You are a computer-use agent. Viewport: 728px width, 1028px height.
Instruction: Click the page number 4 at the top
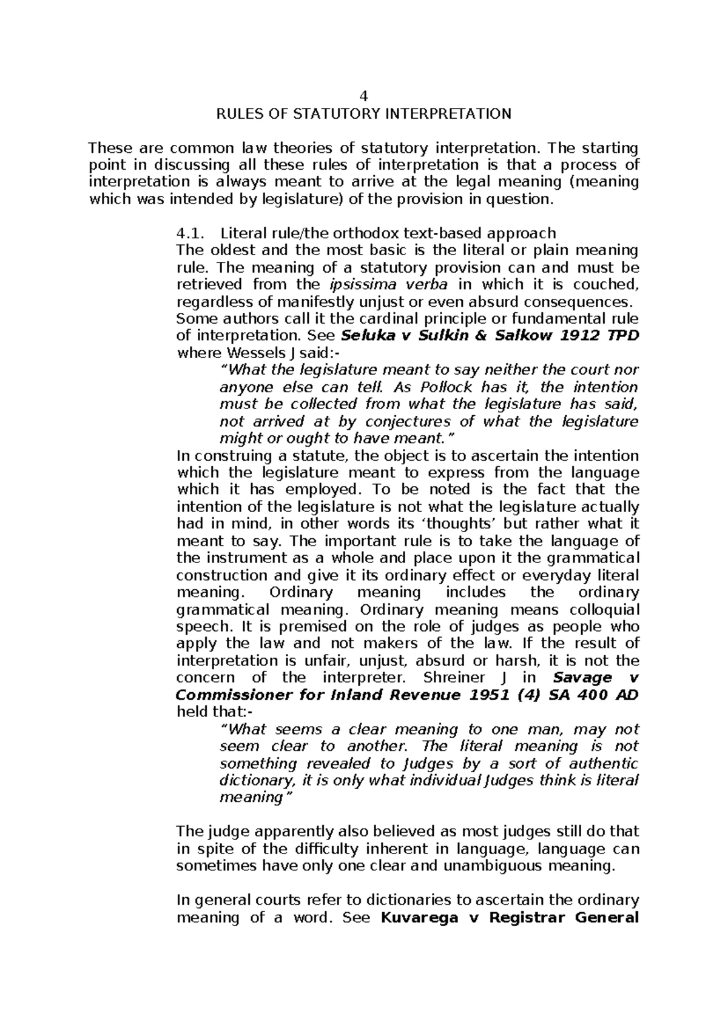click(364, 96)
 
